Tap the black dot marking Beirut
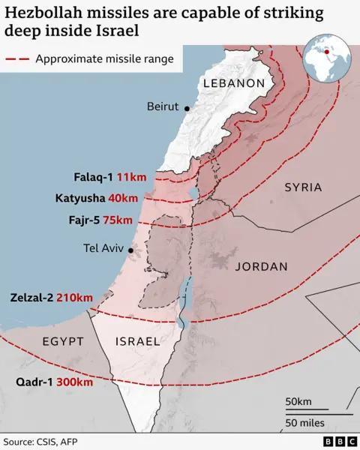tap(186, 109)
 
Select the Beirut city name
tap(162, 106)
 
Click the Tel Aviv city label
tap(103, 249)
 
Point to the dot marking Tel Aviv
tap(131, 250)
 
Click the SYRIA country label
tap(303, 187)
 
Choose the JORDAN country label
tap(261, 266)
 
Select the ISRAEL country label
tap(137, 341)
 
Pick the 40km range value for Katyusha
tap(123, 199)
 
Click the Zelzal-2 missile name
tap(31, 298)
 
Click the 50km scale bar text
tap(298, 403)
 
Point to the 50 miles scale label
tap(304, 423)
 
